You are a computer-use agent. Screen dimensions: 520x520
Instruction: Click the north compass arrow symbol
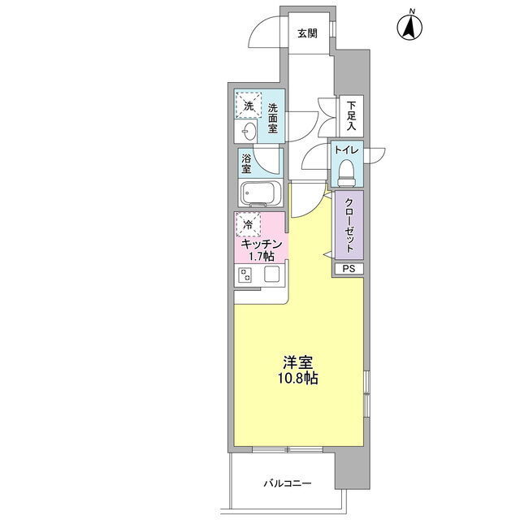tap(409, 27)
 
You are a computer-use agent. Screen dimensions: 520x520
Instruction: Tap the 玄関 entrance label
tap(307, 33)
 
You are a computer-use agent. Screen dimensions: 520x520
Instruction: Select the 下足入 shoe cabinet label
tap(351, 115)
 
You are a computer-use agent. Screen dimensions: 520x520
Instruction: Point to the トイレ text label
tap(346, 149)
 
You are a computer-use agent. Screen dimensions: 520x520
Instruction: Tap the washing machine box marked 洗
tap(249, 105)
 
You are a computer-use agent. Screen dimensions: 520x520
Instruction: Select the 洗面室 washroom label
tap(273, 119)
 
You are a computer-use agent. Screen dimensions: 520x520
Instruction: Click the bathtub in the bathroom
tap(260, 193)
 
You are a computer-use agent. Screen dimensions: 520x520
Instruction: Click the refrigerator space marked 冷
tap(248, 224)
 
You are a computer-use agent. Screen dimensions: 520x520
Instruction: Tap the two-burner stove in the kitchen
tap(245, 275)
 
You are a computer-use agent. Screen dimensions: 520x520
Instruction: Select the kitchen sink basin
tap(271, 275)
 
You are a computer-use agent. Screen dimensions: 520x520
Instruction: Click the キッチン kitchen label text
tap(262, 245)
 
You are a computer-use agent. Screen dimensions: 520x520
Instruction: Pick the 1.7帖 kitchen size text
tap(262, 256)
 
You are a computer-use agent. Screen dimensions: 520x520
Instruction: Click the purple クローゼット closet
tap(349, 225)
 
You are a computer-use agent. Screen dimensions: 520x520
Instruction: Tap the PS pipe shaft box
tap(349, 269)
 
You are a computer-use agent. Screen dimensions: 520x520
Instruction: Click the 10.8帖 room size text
tap(298, 378)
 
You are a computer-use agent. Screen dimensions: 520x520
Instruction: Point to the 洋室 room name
tap(298, 363)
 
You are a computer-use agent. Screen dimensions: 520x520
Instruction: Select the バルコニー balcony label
tap(288, 483)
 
